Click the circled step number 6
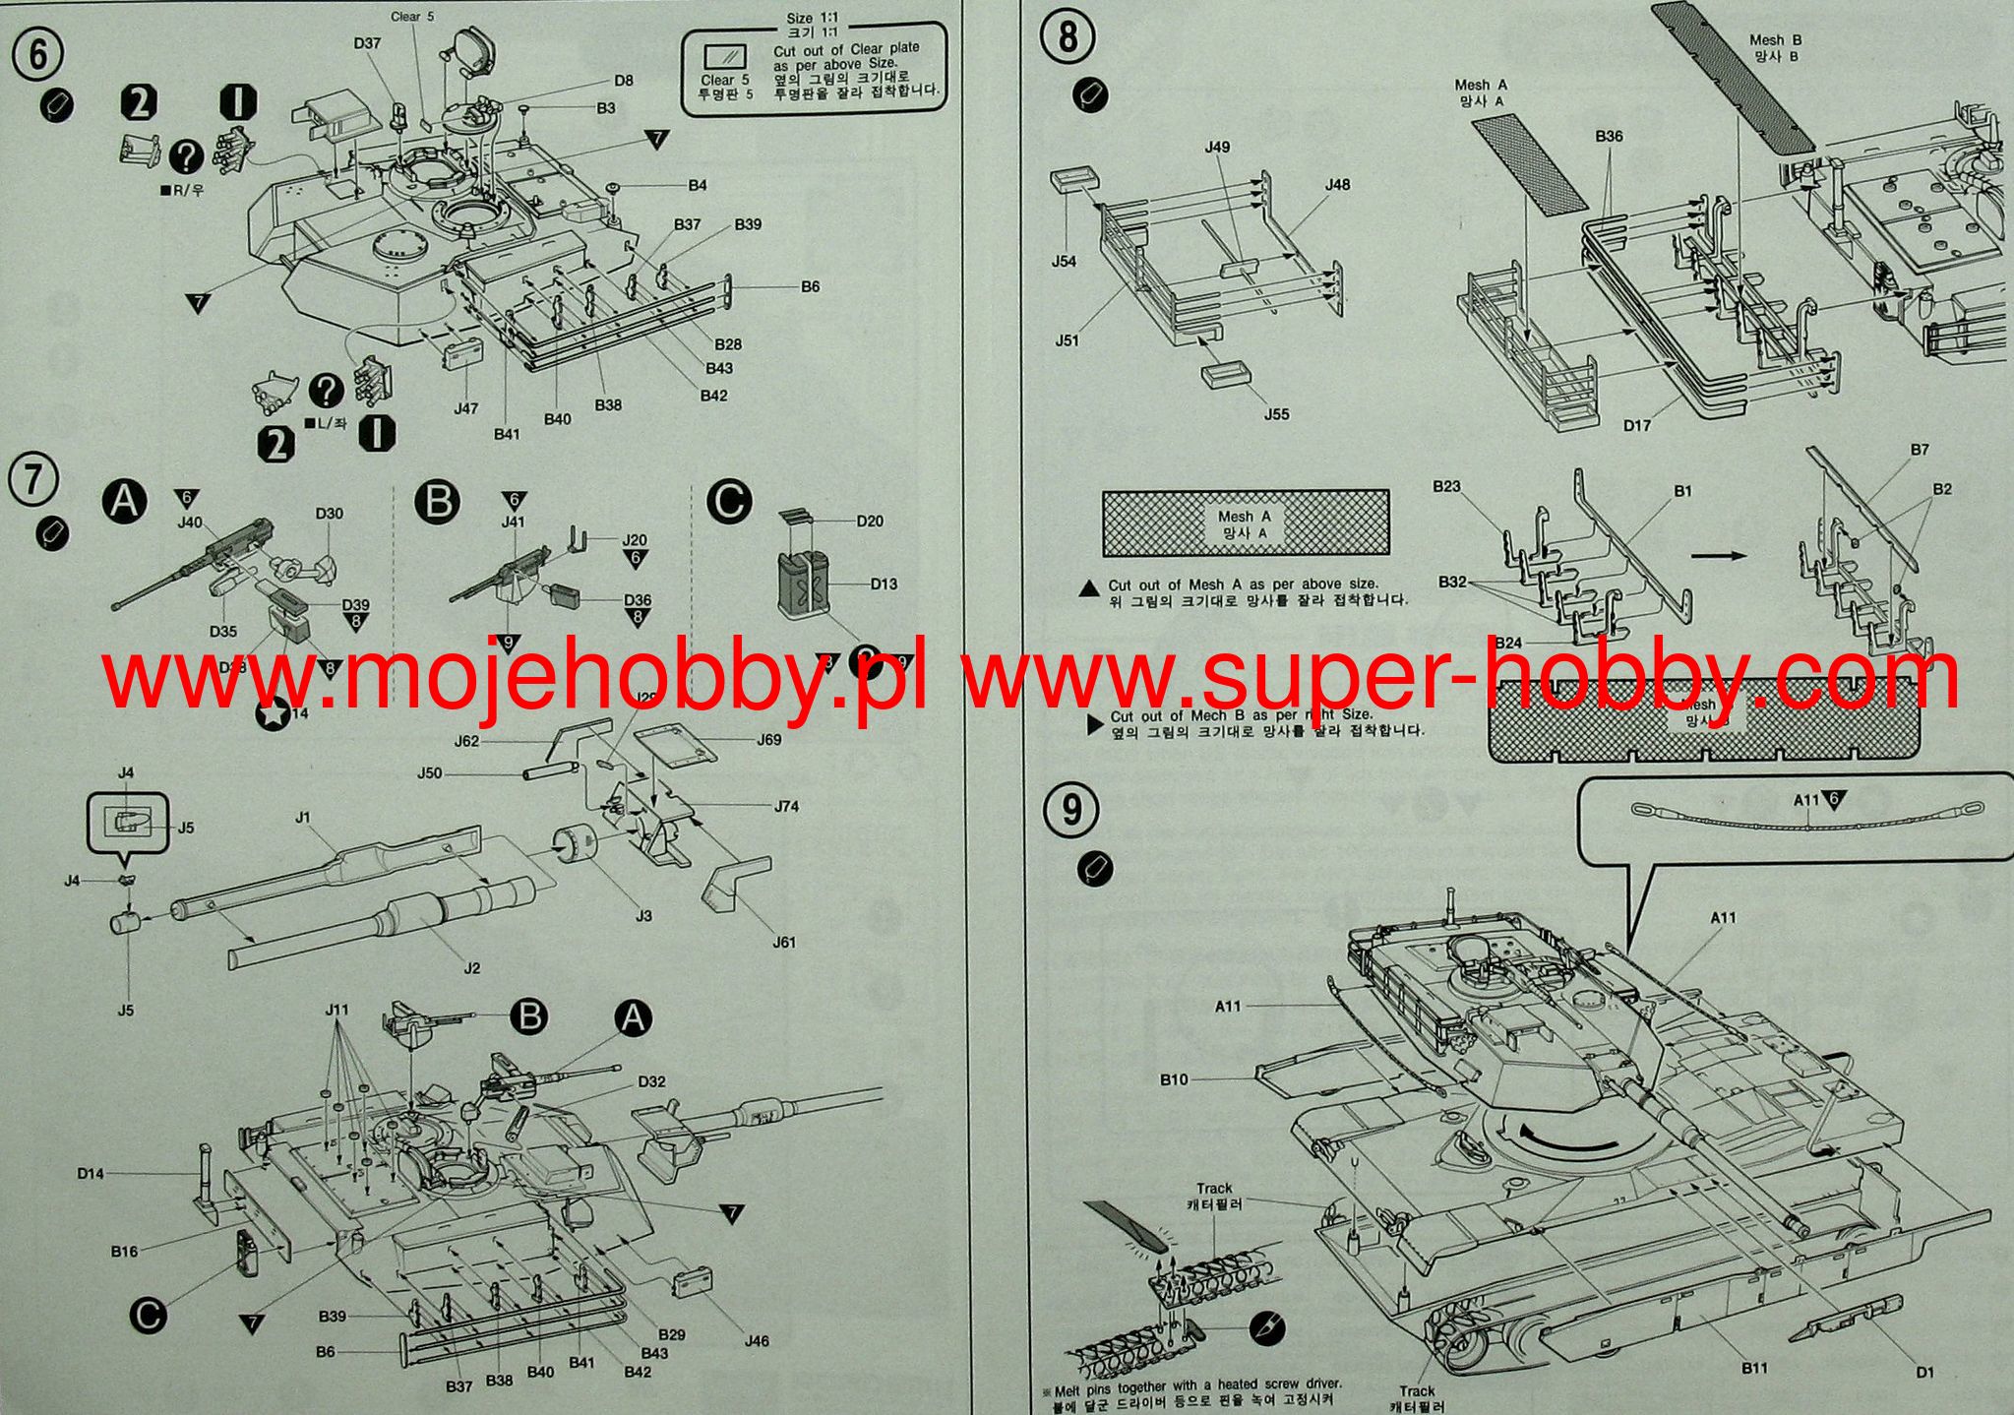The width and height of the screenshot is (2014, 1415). (37, 54)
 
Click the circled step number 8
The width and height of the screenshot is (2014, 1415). (1068, 38)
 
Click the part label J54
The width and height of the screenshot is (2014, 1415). (1064, 261)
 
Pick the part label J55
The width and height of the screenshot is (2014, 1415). (1276, 414)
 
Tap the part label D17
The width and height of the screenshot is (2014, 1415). (1637, 425)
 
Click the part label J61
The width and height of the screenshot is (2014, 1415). (783, 942)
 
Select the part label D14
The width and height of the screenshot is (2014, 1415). (91, 1173)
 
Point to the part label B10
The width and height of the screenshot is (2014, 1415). (1173, 1079)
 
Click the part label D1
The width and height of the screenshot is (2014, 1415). (1925, 1373)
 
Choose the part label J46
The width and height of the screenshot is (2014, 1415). (757, 1340)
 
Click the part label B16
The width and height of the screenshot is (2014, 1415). (124, 1252)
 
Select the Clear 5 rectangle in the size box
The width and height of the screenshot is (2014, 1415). (726, 57)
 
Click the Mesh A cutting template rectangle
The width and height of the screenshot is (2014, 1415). (1246, 523)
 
